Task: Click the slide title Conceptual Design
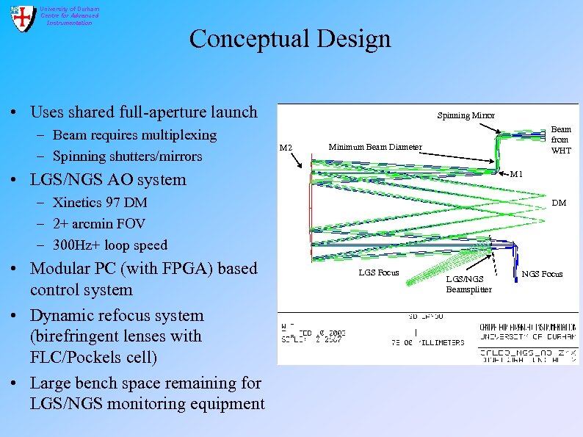point(290,38)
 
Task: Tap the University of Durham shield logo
point(22,18)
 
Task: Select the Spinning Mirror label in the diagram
point(466,115)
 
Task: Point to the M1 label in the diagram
point(516,174)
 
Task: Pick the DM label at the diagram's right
point(558,203)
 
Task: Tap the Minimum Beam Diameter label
point(374,147)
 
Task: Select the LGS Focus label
point(378,272)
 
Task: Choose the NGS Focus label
point(542,274)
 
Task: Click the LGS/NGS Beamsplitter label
point(468,283)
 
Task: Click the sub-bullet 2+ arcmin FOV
point(99,223)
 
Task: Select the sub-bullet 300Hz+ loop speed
point(110,245)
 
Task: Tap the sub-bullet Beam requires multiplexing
point(135,135)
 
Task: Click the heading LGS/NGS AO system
point(108,180)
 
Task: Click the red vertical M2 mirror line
point(311,220)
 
